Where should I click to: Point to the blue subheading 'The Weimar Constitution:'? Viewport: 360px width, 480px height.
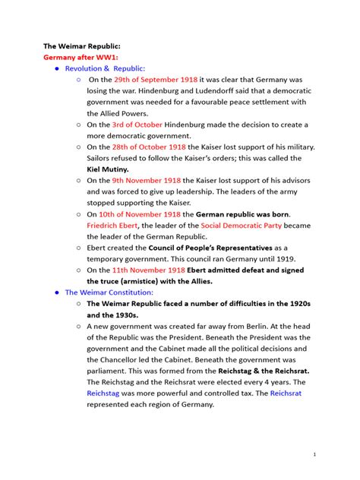(109, 292)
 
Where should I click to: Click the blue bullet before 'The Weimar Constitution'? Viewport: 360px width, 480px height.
(56, 292)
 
